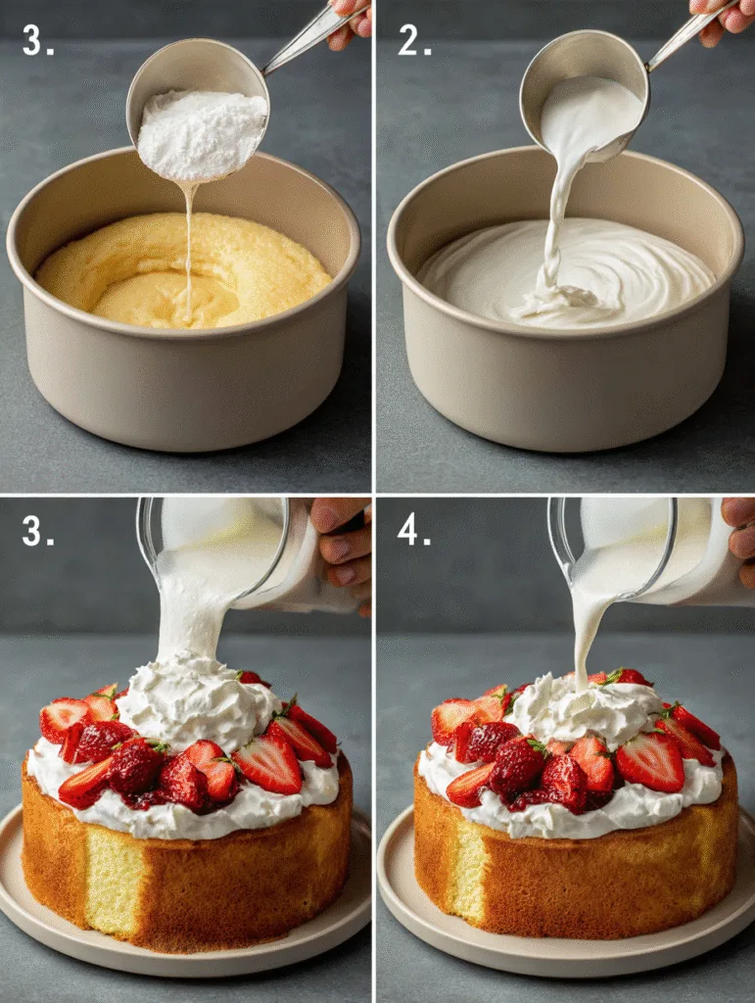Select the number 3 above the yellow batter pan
point(37,41)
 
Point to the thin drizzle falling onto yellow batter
point(187,245)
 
